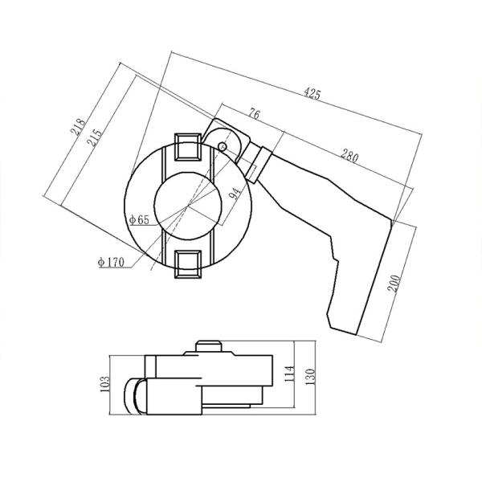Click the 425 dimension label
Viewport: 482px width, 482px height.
[x=312, y=95]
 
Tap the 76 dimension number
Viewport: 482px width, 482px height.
[x=253, y=114]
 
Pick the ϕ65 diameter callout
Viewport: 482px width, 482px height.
[x=138, y=219]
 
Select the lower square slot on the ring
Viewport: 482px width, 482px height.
[x=188, y=263]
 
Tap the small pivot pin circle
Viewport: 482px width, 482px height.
[x=223, y=145]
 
